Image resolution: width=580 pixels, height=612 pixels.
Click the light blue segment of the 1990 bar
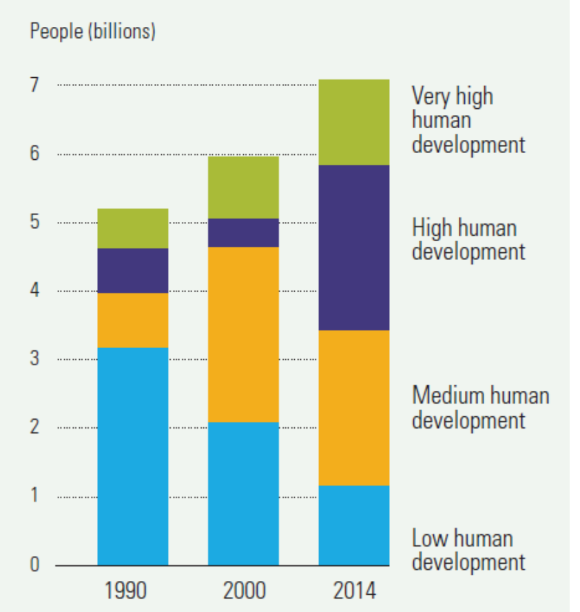pyautogui.click(x=132, y=456)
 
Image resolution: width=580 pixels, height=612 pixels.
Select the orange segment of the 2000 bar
pyautogui.click(x=243, y=334)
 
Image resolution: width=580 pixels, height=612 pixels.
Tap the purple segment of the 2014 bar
pyautogui.click(x=353, y=247)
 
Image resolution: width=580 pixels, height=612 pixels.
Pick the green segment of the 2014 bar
pyautogui.click(x=353, y=122)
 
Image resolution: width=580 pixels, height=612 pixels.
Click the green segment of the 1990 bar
pyautogui.click(x=132, y=228)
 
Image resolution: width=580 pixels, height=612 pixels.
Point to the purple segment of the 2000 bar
pyautogui.click(x=243, y=232)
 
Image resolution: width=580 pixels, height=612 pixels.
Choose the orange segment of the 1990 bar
pyautogui.click(x=132, y=320)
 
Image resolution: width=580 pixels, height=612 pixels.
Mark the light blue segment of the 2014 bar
pyautogui.click(x=353, y=525)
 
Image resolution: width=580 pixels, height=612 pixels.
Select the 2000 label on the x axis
pyautogui.click(x=243, y=591)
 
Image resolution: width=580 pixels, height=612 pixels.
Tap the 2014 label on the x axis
pyautogui.click(x=353, y=591)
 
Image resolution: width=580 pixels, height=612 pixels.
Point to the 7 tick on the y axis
pyautogui.click(x=34, y=85)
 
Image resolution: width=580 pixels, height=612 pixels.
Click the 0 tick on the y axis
pyautogui.click(x=34, y=565)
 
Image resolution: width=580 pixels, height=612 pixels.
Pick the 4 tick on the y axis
pyautogui.click(x=34, y=291)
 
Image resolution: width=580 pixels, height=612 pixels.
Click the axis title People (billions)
pyautogui.click(x=92, y=32)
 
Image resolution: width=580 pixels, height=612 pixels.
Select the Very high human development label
pyautogui.click(x=468, y=120)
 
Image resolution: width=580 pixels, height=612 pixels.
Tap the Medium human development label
pyautogui.click(x=480, y=407)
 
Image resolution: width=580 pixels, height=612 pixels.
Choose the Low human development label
pyautogui.click(x=468, y=549)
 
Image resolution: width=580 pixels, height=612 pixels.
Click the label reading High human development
pyautogui.click(x=468, y=239)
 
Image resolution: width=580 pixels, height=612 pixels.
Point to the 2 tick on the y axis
pyautogui.click(x=34, y=428)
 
